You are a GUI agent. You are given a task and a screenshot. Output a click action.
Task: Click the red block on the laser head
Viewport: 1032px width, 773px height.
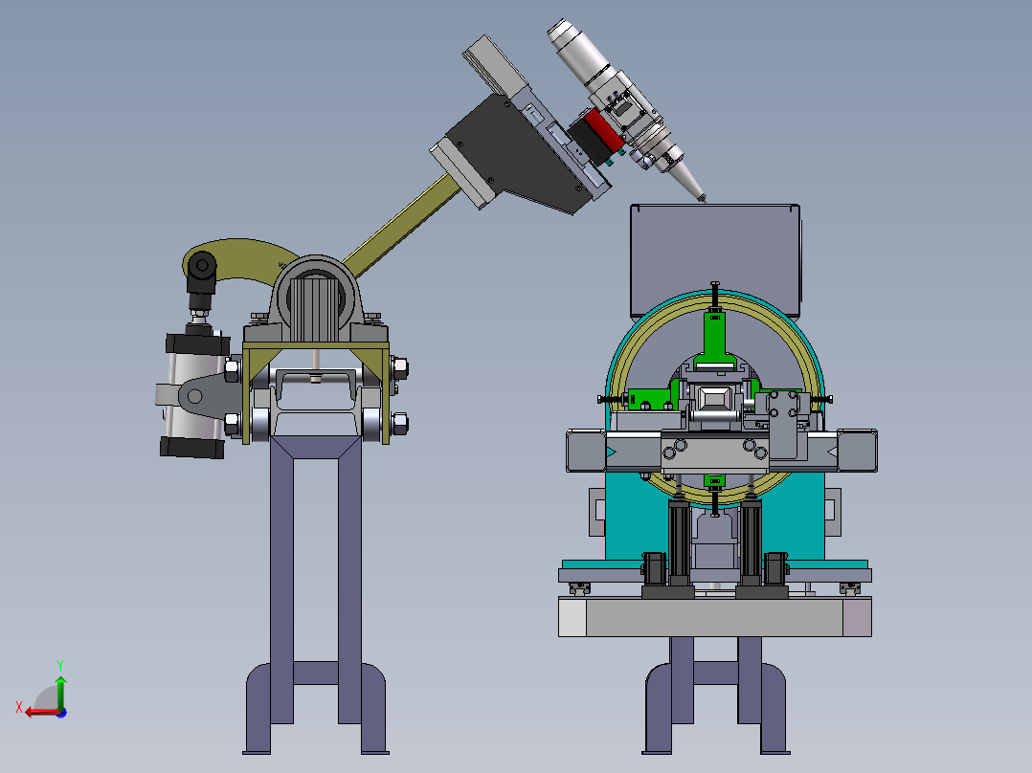[603, 128]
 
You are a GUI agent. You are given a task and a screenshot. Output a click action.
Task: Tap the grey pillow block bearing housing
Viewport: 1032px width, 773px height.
[315, 299]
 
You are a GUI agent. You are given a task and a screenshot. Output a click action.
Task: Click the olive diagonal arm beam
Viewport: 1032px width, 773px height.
[401, 225]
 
